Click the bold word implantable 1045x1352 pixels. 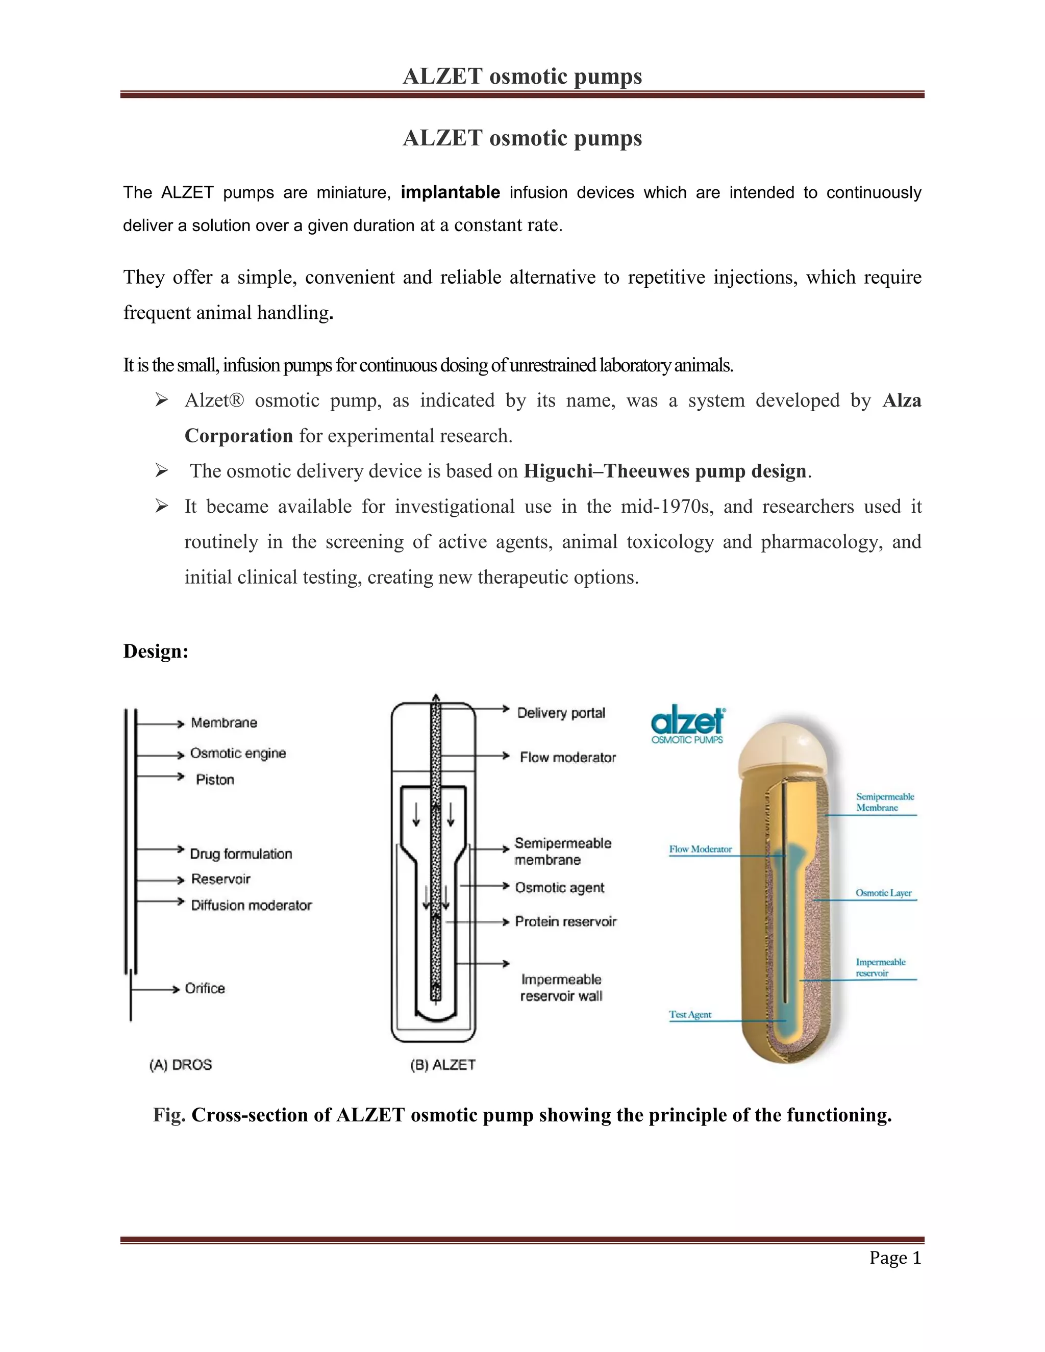pyautogui.click(x=450, y=192)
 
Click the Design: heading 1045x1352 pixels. pyautogui.click(x=156, y=651)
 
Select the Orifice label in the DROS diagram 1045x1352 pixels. pyautogui.click(x=205, y=989)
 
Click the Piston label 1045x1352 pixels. pyautogui.click(x=215, y=780)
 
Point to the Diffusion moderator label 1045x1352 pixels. pyautogui.click(x=251, y=905)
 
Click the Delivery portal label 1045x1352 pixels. pyautogui.click(x=561, y=713)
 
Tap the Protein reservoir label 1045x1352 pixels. pyautogui.click(x=565, y=922)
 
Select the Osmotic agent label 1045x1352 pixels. pyautogui.click(x=560, y=888)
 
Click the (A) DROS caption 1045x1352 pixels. pyautogui.click(x=180, y=1065)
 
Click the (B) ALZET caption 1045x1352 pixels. pyautogui.click(x=442, y=1065)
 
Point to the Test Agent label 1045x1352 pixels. pyautogui.click(x=690, y=1014)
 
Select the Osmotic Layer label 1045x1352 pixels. pyautogui.click(x=883, y=893)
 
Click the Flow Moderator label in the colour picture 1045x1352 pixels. pyautogui.click(x=700, y=849)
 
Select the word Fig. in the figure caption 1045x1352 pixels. pyautogui.click(x=169, y=1115)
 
